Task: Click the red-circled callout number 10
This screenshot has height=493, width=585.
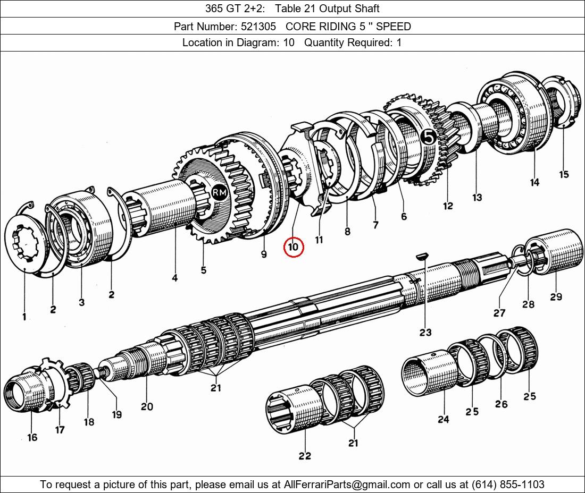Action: coord(294,247)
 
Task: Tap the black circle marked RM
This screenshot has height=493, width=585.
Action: coord(219,192)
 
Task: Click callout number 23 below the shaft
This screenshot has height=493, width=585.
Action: coord(425,332)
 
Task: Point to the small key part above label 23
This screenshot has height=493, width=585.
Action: coord(422,257)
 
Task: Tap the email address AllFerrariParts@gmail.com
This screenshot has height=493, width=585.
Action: coord(347,484)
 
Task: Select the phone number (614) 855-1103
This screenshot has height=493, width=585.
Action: coord(508,484)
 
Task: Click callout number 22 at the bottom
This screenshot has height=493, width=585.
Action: coord(304,456)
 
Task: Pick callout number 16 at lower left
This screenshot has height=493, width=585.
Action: coord(32,437)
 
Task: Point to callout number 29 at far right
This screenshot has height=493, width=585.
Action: coord(556,296)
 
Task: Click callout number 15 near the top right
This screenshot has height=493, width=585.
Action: coord(564,174)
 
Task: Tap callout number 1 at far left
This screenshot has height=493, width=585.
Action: coord(24,317)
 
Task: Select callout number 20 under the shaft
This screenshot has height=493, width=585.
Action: coord(147,406)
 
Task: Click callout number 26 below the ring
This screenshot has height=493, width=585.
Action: coord(501,404)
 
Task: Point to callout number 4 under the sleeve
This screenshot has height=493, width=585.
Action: coord(174,278)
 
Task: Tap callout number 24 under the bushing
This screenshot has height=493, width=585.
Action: coord(443,419)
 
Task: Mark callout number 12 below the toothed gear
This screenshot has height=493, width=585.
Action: coord(448,205)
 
